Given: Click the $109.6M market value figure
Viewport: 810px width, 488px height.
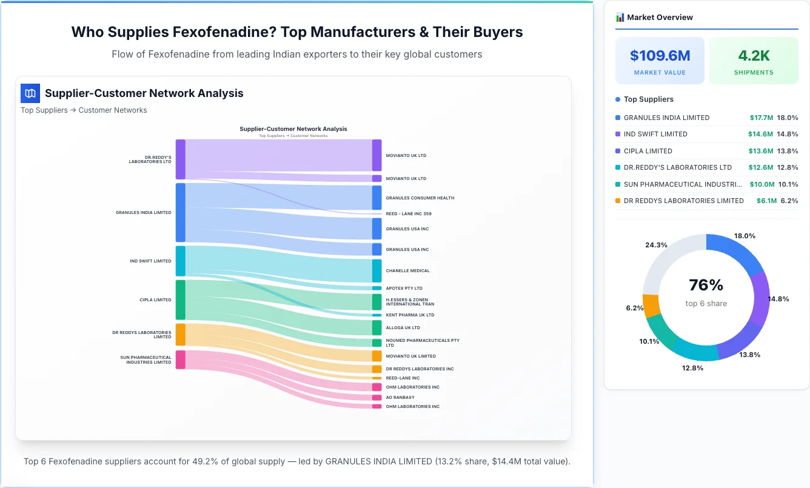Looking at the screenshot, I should point(660,56).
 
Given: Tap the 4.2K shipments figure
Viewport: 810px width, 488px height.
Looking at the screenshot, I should point(754,56).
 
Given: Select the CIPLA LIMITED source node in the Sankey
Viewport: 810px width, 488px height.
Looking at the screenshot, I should point(181,299).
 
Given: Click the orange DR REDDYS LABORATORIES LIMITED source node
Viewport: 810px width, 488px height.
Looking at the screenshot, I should point(181,335).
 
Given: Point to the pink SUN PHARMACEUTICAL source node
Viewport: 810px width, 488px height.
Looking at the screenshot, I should point(181,359).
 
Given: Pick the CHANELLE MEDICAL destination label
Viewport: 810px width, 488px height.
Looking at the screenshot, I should point(407,271).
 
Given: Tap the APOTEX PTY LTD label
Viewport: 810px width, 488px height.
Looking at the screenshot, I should point(404,289).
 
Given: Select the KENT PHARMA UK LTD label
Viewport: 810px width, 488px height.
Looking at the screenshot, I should point(410,315).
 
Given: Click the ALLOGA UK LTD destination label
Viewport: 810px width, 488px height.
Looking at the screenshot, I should point(403,328).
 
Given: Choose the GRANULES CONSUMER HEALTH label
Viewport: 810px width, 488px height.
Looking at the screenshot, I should point(420,198).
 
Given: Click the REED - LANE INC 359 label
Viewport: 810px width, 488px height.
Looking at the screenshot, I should point(409,214).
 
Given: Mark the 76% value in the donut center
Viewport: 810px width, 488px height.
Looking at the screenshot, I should point(706,286).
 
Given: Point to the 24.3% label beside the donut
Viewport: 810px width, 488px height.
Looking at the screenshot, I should point(656,246).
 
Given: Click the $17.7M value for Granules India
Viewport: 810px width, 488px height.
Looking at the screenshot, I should point(761,118).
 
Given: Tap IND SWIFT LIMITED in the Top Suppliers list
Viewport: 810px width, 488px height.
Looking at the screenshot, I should point(655,134).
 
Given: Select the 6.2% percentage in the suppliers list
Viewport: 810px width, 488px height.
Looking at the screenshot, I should point(789,201).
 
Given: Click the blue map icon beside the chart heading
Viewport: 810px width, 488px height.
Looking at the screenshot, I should point(30,93).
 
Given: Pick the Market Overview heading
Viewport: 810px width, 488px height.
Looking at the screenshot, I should point(660,18).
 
